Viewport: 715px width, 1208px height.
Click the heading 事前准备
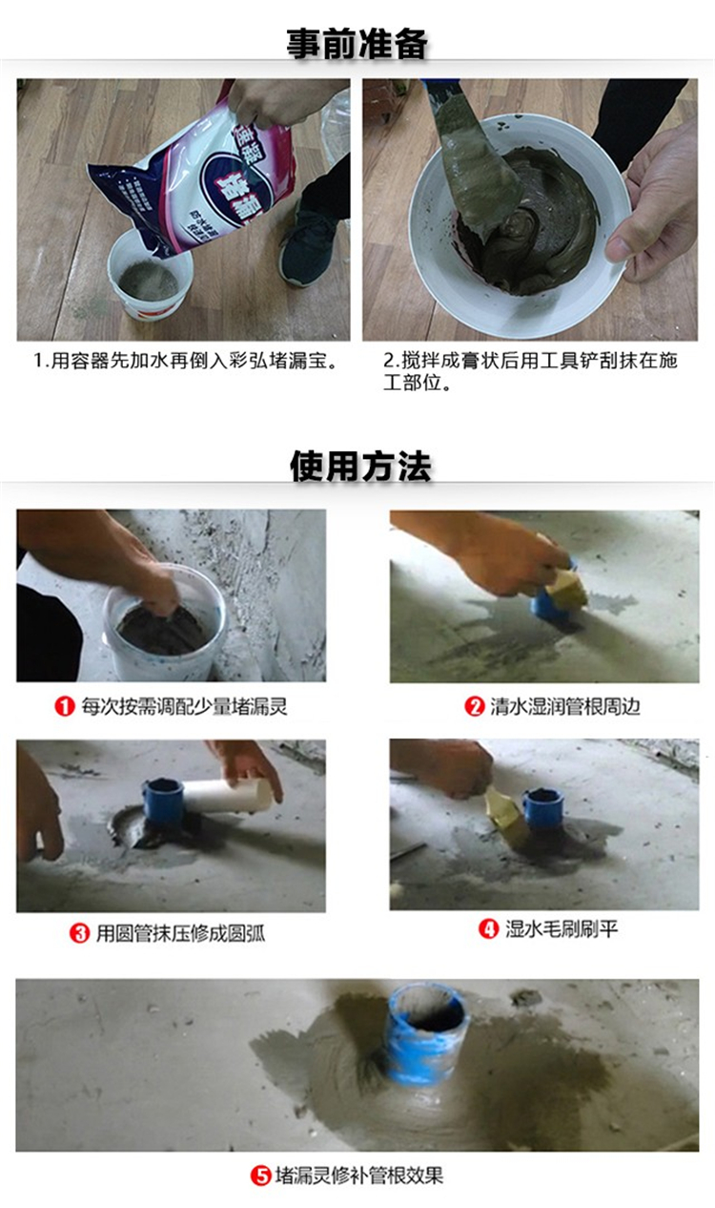tap(357, 44)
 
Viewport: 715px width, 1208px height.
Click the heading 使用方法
tap(360, 466)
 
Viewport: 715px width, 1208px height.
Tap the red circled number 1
tap(65, 706)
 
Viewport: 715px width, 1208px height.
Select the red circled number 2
tap(475, 706)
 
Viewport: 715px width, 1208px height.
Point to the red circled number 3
tap(79, 933)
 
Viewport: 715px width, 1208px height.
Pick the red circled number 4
tap(489, 928)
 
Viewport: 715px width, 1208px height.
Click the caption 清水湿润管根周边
tap(564, 706)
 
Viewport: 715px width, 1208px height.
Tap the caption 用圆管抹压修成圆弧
tap(180, 933)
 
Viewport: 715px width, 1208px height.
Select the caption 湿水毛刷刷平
tap(561, 928)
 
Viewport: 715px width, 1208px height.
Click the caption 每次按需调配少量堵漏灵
tap(184, 706)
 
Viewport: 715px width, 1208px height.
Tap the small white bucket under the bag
tap(150, 276)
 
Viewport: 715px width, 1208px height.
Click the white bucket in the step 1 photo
tap(164, 623)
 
